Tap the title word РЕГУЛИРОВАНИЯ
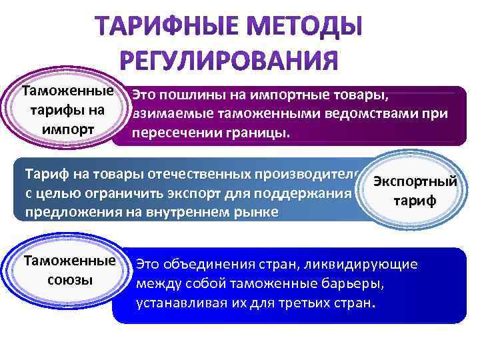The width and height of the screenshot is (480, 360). pyautogui.click(x=230, y=61)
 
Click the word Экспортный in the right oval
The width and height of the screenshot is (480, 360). pyautogui.click(x=415, y=181)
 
